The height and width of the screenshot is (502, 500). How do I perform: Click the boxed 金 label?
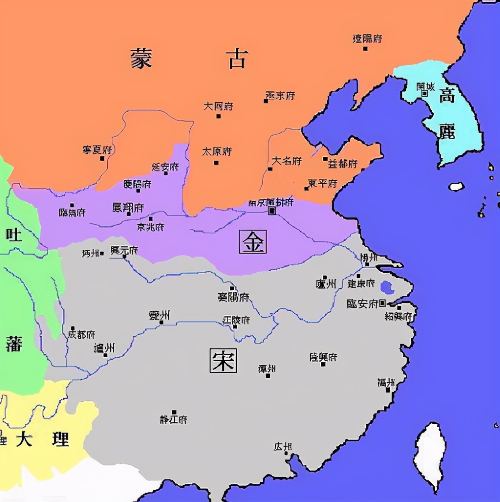pyautogui.click(x=253, y=242)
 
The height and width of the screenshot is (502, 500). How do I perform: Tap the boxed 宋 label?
pyautogui.click(x=223, y=360)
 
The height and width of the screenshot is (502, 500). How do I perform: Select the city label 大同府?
pyautogui.click(x=218, y=107)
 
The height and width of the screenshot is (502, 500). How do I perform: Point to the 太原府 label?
pyautogui.click(x=217, y=152)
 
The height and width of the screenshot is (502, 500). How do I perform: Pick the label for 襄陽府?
pyautogui.click(x=233, y=297)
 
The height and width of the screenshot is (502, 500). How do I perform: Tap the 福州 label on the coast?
pyautogui.click(x=386, y=383)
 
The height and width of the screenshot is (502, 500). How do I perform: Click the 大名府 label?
pyautogui.click(x=286, y=161)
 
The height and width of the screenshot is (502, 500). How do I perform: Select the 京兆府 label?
pyautogui.click(x=150, y=227)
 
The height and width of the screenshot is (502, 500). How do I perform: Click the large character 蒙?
pyautogui.click(x=141, y=59)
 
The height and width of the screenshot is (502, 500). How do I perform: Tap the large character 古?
pyautogui.click(x=237, y=59)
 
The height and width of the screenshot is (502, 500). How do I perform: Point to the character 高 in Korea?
pyautogui.click(x=447, y=95)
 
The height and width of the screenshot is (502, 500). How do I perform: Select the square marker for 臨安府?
pyautogui.click(x=383, y=303)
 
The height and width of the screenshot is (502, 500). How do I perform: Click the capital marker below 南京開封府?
pyautogui.click(x=272, y=211)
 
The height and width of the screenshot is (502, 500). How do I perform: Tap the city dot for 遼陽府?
pyautogui.click(x=365, y=49)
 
